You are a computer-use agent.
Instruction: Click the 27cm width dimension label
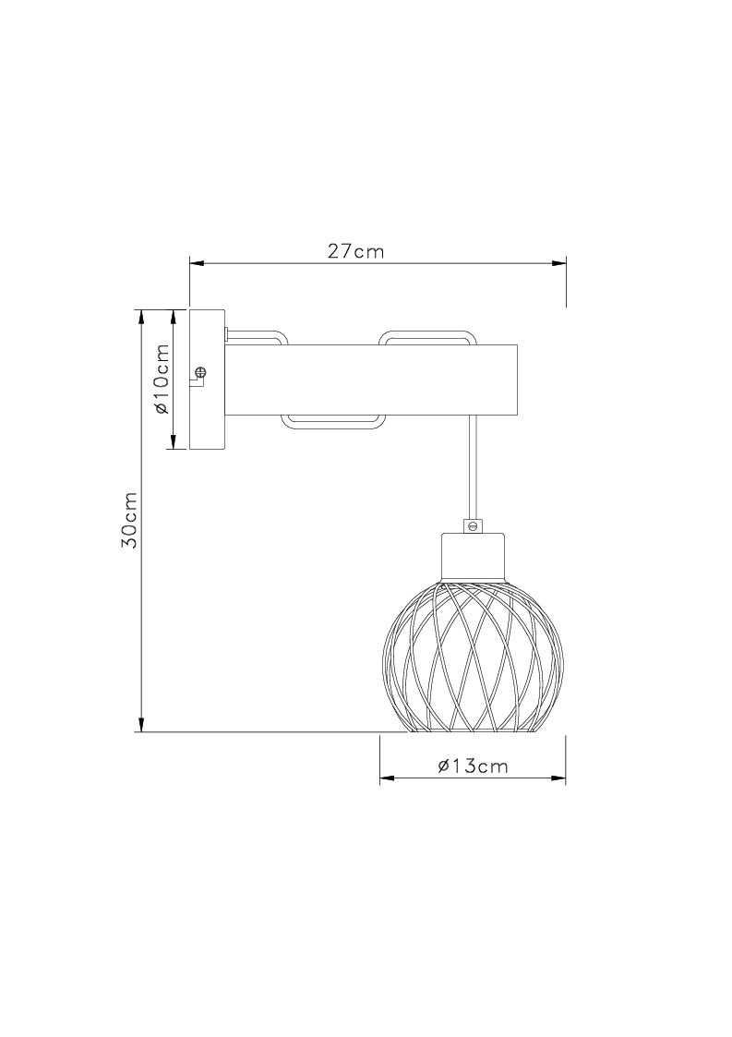tap(355, 252)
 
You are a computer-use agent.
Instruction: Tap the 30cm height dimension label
tap(129, 520)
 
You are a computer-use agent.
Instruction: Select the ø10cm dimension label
tap(162, 379)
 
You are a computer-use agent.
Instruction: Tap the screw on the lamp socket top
tap(472, 525)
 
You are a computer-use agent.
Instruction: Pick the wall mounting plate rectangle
tap(208, 380)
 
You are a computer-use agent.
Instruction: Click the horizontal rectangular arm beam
tap(372, 380)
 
